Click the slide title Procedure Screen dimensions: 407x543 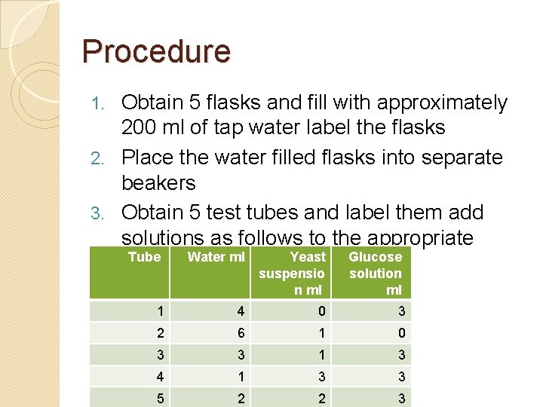coord(156,51)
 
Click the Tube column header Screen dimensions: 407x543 coord(144,257)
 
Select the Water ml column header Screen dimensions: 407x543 coord(216,257)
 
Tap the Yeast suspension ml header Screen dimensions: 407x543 coord(292,273)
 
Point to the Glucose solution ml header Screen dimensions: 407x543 coord(375,273)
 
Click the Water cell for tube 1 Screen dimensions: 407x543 coord(241,311)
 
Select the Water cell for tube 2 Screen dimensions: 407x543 coord(241,333)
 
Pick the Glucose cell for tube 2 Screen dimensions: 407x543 coord(402,333)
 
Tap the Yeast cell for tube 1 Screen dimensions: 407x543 coord(321,311)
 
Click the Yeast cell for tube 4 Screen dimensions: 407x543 coord(321,377)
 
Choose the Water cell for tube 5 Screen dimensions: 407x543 coord(241,399)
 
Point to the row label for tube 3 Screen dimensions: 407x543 coord(159,355)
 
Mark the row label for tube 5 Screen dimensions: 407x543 coord(159,399)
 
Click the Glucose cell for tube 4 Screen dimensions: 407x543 coord(402,377)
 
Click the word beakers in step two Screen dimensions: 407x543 coord(158,183)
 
